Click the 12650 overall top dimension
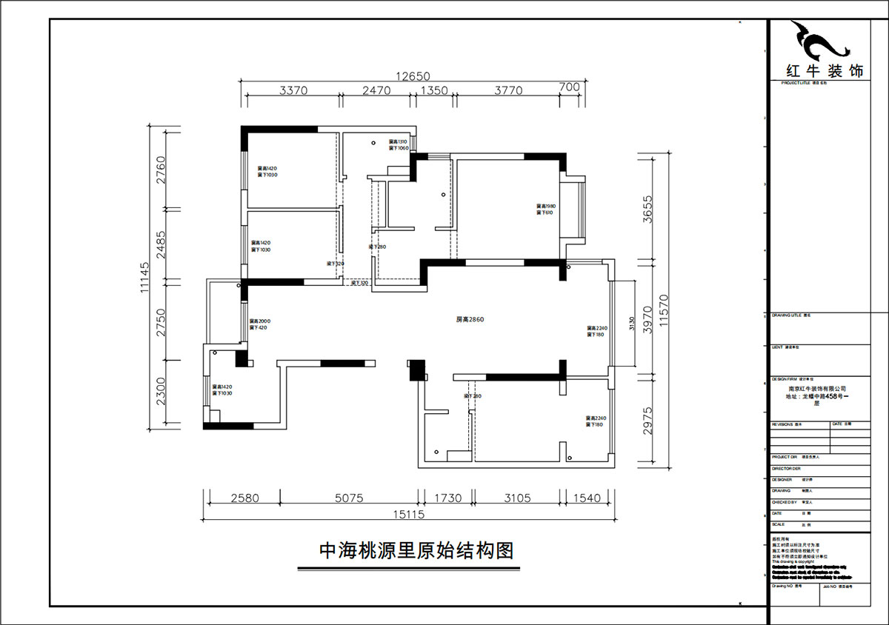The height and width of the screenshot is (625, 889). [413, 76]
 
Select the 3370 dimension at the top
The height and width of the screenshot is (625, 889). [293, 90]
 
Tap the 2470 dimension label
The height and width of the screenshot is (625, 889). [376, 90]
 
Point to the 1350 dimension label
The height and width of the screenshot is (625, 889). [434, 90]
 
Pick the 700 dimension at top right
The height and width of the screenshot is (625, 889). [569, 87]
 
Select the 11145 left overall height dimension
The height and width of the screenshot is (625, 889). [146, 278]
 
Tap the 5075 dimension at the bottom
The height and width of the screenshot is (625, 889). [349, 498]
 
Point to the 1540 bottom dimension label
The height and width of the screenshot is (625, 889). [587, 498]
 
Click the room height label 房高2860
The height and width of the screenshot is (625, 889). [470, 320]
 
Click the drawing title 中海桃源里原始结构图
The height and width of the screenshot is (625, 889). [416, 551]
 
